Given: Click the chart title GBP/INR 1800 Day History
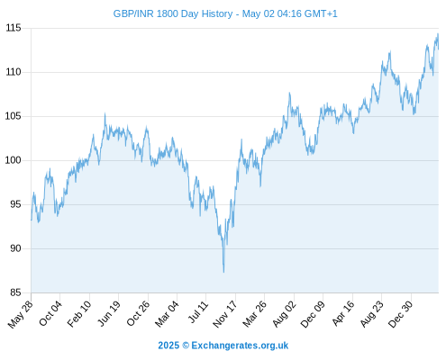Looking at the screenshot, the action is pyautogui.click(x=173, y=13).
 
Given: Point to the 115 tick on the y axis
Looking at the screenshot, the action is pyautogui.click(x=14, y=28).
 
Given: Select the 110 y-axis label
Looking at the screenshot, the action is pyautogui.click(x=14, y=72).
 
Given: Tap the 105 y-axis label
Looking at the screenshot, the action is pyautogui.click(x=14, y=116).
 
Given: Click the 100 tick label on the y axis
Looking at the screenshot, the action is pyautogui.click(x=14, y=160).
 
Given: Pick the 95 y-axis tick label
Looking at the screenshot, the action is pyautogui.click(x=15, y=204).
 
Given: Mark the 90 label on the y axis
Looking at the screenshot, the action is pyautogui.click(x=15, y=248).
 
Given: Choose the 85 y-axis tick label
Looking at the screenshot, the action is pyautogui.click(x=15, y=292).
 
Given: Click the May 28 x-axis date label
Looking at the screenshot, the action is pyautogui.click(x=21, y=314).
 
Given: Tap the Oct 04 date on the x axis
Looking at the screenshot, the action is pyautogui.click(x=50, y=313).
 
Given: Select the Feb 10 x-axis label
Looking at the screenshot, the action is pyautogui.click(x=79, y=314).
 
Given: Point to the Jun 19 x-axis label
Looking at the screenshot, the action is pyautogui.click(x=109, y=313).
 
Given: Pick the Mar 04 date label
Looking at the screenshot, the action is pyautogui.click(x=167, y=314).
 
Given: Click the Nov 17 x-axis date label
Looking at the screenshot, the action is pyautogui.click(x=225, y=314).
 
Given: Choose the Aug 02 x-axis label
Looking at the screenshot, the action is pyautogui.click(x=284, y=314).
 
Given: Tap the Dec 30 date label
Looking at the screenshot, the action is pyautogui.click(x=400, y=314).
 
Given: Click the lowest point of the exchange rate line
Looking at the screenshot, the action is pyautogui.click(x=223, y=272).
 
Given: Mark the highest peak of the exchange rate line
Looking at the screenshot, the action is pyautogui.click(x=438, y=34).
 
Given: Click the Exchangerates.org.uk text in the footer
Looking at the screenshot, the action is pyautogui.click(x=240, y=346).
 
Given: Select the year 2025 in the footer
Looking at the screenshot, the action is pyautogui.click(x=168, y=346).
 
